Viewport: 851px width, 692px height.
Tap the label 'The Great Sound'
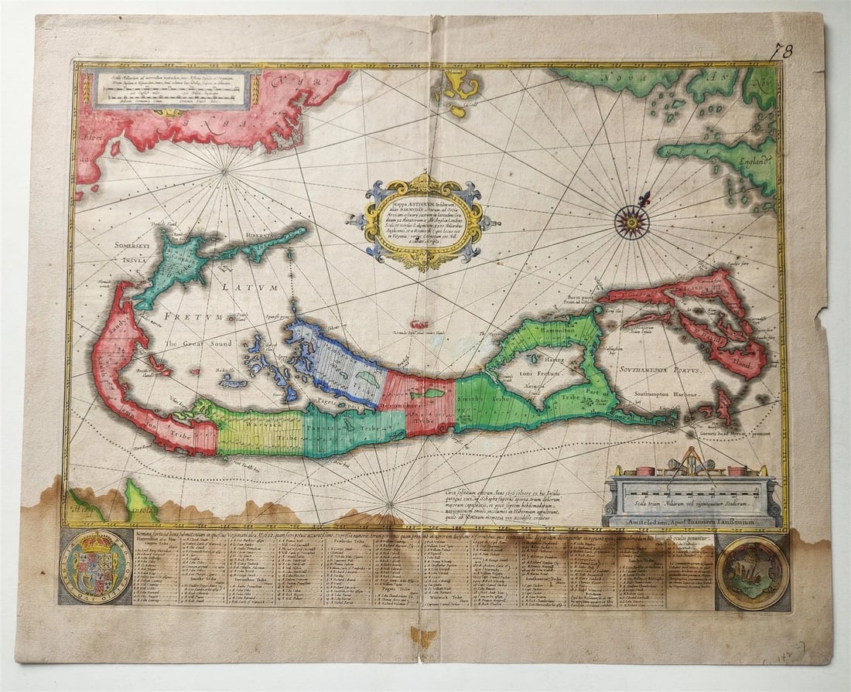[x=193, y=343]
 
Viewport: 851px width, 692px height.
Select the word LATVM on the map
[x=239, y=287]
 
